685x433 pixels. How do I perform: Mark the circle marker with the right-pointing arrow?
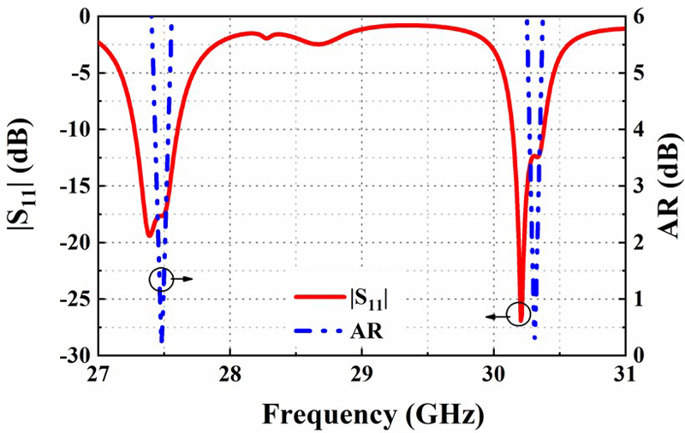click(x=161, y=279)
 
